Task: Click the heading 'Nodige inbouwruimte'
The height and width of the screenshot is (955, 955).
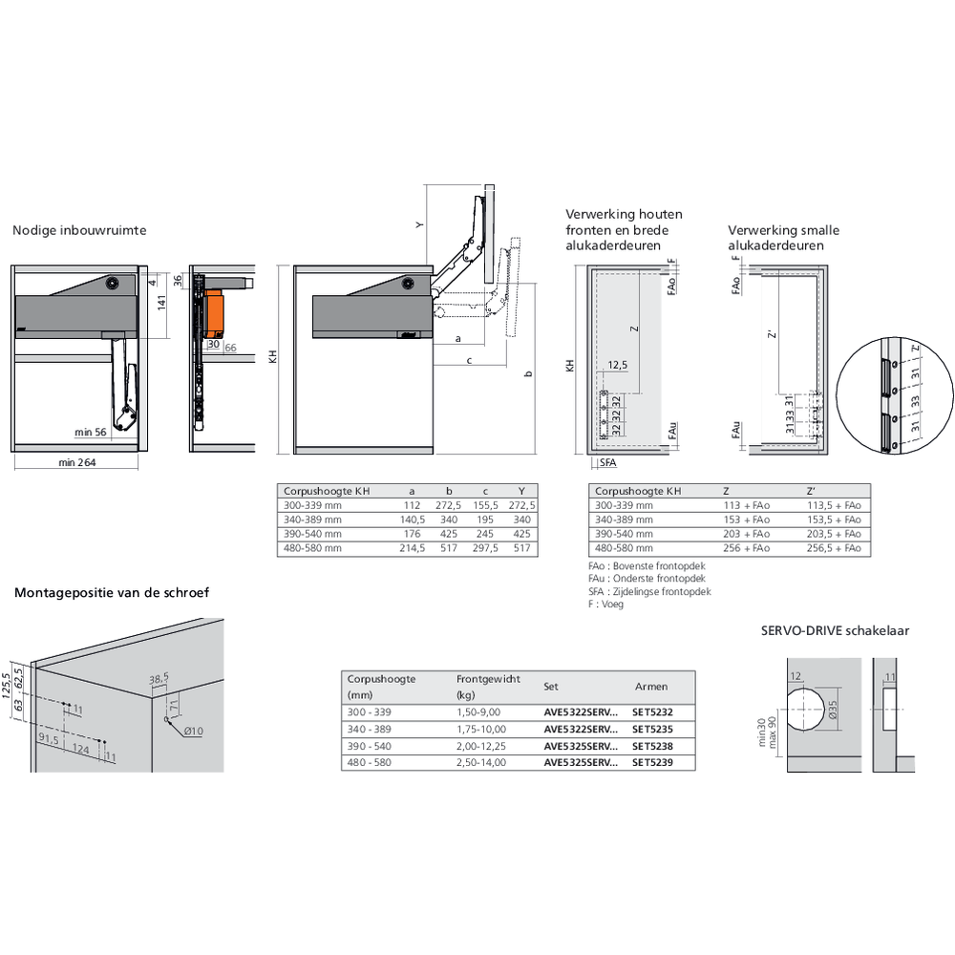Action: (79, 230)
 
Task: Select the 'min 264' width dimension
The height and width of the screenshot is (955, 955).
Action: (76, 463)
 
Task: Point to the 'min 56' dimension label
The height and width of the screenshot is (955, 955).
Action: (92, 433)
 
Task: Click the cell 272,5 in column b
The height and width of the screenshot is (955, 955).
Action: (448, 505)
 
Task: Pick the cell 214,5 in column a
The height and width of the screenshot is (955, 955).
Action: (411, 549)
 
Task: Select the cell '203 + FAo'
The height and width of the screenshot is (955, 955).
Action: (747, 534)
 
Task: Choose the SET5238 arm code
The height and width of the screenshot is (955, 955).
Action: (652, 746)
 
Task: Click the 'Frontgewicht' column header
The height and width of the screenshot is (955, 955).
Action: (488, 679)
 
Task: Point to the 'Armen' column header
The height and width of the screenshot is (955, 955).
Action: (651, 687)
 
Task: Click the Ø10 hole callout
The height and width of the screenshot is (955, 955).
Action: (193, 732)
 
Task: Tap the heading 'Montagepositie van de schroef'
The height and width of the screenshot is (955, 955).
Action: (112, 593)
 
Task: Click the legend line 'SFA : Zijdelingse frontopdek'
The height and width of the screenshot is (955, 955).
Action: (649, 592)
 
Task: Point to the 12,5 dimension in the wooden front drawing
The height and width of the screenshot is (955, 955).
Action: (616, 365)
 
